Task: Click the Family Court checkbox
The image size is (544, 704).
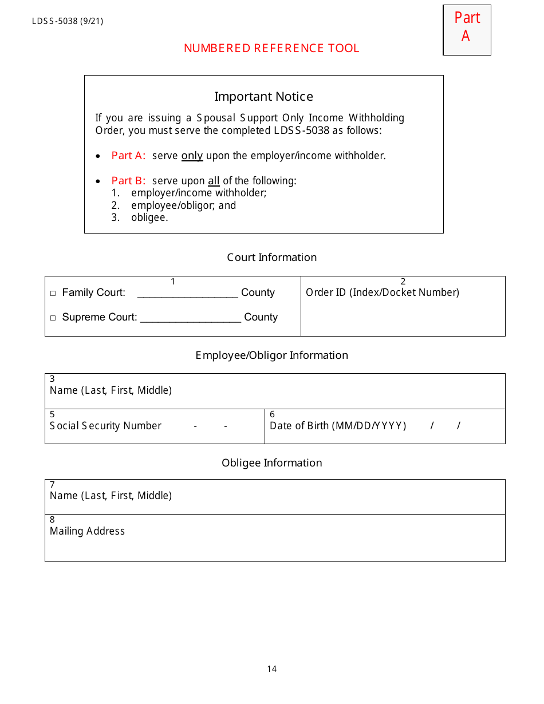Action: tap(53, 294)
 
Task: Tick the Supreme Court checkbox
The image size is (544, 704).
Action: tap(53, 318)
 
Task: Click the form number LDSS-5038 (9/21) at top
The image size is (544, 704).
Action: tap(68, 22)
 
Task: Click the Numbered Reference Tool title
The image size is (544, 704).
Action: tap(271, 49)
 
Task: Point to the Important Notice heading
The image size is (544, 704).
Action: tap(263, 97)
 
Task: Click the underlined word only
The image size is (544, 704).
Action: tap(192, 156)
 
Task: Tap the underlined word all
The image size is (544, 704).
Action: tap(214, 181)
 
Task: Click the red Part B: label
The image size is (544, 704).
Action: tap(129, 181)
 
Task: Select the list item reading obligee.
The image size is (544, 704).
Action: tap(149, 217)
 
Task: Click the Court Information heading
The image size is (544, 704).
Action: tap(271, 258)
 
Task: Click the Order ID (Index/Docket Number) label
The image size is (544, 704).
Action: tap(383, 292)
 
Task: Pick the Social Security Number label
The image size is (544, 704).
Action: tap(106, 426)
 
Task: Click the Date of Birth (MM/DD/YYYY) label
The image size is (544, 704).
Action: tap(338, 426)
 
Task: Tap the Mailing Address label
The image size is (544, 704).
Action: tap(87, 531)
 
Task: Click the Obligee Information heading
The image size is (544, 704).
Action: tap(271, 463)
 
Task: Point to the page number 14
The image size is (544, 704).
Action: tap(271, 669)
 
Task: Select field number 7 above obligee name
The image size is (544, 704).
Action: tap(52, 485)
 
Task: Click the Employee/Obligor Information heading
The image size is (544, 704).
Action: tap(271, 355)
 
